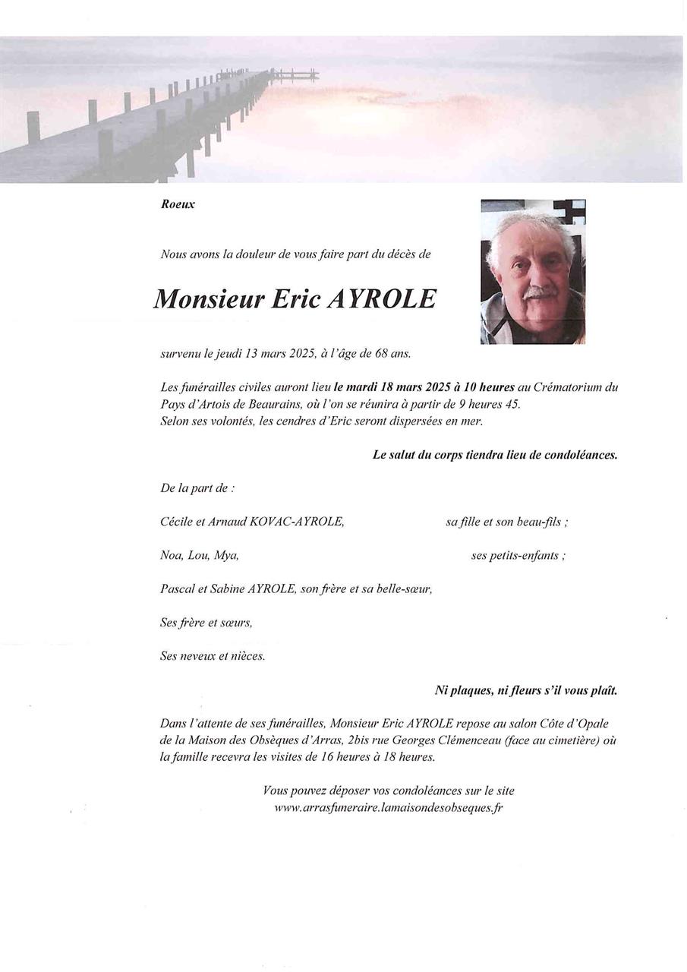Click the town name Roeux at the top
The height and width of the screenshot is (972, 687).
178,204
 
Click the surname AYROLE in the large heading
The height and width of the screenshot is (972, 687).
382,299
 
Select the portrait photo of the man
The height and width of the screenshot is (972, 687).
533,272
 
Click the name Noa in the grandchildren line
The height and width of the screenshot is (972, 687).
171,555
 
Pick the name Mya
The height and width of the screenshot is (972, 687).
226,555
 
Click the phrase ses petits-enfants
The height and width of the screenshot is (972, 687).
518,555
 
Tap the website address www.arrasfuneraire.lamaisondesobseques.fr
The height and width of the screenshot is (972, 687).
388,807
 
